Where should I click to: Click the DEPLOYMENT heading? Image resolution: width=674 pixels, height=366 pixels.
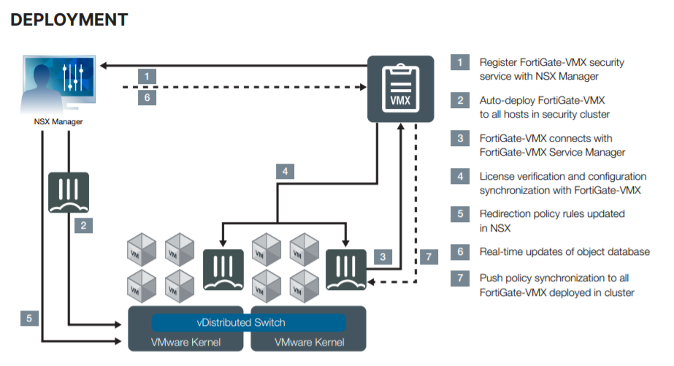tap(69, 20)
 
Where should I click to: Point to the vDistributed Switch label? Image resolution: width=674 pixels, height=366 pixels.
tap(241, 323)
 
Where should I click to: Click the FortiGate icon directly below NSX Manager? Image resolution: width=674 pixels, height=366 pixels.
tap(69, 193)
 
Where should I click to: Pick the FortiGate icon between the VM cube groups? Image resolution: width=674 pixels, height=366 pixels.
tap(223, 269)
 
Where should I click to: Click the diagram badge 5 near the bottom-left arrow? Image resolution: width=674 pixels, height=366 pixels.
tap(29, 318)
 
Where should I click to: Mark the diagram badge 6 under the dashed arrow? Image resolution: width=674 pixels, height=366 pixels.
tap(147, 98)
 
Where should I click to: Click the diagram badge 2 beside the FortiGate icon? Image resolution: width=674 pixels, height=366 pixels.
tap(84, 226)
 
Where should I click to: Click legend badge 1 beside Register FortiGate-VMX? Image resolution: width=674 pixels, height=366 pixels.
tap(459, 62)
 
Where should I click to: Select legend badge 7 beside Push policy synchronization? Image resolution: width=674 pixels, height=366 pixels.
tap(459, 278)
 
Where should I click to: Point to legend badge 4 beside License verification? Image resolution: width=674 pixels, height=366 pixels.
tap(459, 176)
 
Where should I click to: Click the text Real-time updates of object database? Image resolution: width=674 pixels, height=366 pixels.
tap(564, 252)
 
